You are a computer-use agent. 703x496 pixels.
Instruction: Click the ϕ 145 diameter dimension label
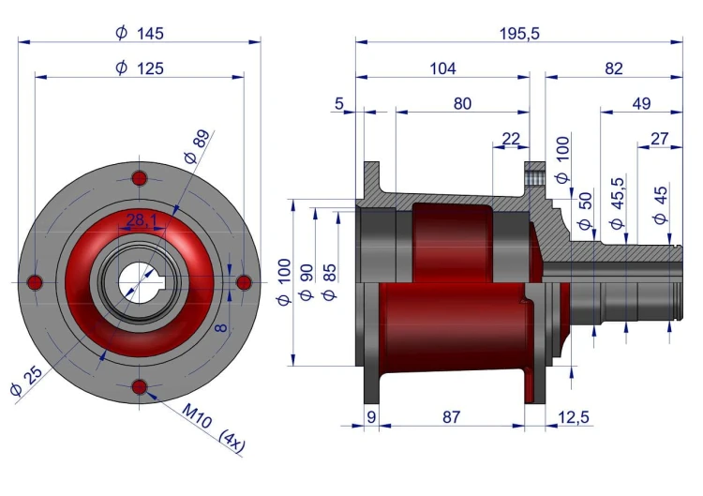click(x=140, y=33)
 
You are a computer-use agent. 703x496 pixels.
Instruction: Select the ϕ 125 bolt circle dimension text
click(x=140, y=68)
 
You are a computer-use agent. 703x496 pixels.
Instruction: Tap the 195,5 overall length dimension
click(x=519, y=34)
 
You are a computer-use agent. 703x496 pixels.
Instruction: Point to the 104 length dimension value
click(x=442, y=68)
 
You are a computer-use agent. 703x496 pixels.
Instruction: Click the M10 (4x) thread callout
click(x=214, y=428)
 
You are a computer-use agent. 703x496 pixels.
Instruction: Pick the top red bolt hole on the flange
click(x=140, y=178)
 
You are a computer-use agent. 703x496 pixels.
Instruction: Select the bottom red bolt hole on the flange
click(x=140, y=386)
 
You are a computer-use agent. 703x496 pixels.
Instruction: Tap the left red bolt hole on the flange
click(x=35, y=283)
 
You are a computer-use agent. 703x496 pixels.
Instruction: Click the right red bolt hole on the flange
click(x=244, y=283)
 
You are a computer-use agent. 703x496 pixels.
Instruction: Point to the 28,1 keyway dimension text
click(x=142, y=220)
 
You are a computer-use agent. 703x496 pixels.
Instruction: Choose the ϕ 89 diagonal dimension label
click(x=197, y=146)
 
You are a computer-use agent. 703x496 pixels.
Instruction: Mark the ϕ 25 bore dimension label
click(x=26, y=381)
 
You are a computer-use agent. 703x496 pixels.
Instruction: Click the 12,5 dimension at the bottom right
click(x=574, y=417)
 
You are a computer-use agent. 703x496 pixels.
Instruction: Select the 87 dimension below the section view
click(x=451, y=417)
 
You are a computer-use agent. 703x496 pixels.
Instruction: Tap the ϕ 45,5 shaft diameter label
click(x=618, y=203)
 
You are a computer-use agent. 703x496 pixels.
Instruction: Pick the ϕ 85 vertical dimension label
click(x=329, y=282)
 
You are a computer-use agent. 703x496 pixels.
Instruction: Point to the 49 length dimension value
click(x=641, y=103)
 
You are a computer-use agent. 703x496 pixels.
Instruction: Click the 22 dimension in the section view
click(x=511, y=139)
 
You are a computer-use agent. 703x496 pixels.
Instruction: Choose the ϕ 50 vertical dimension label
click(x=585, y=211)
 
